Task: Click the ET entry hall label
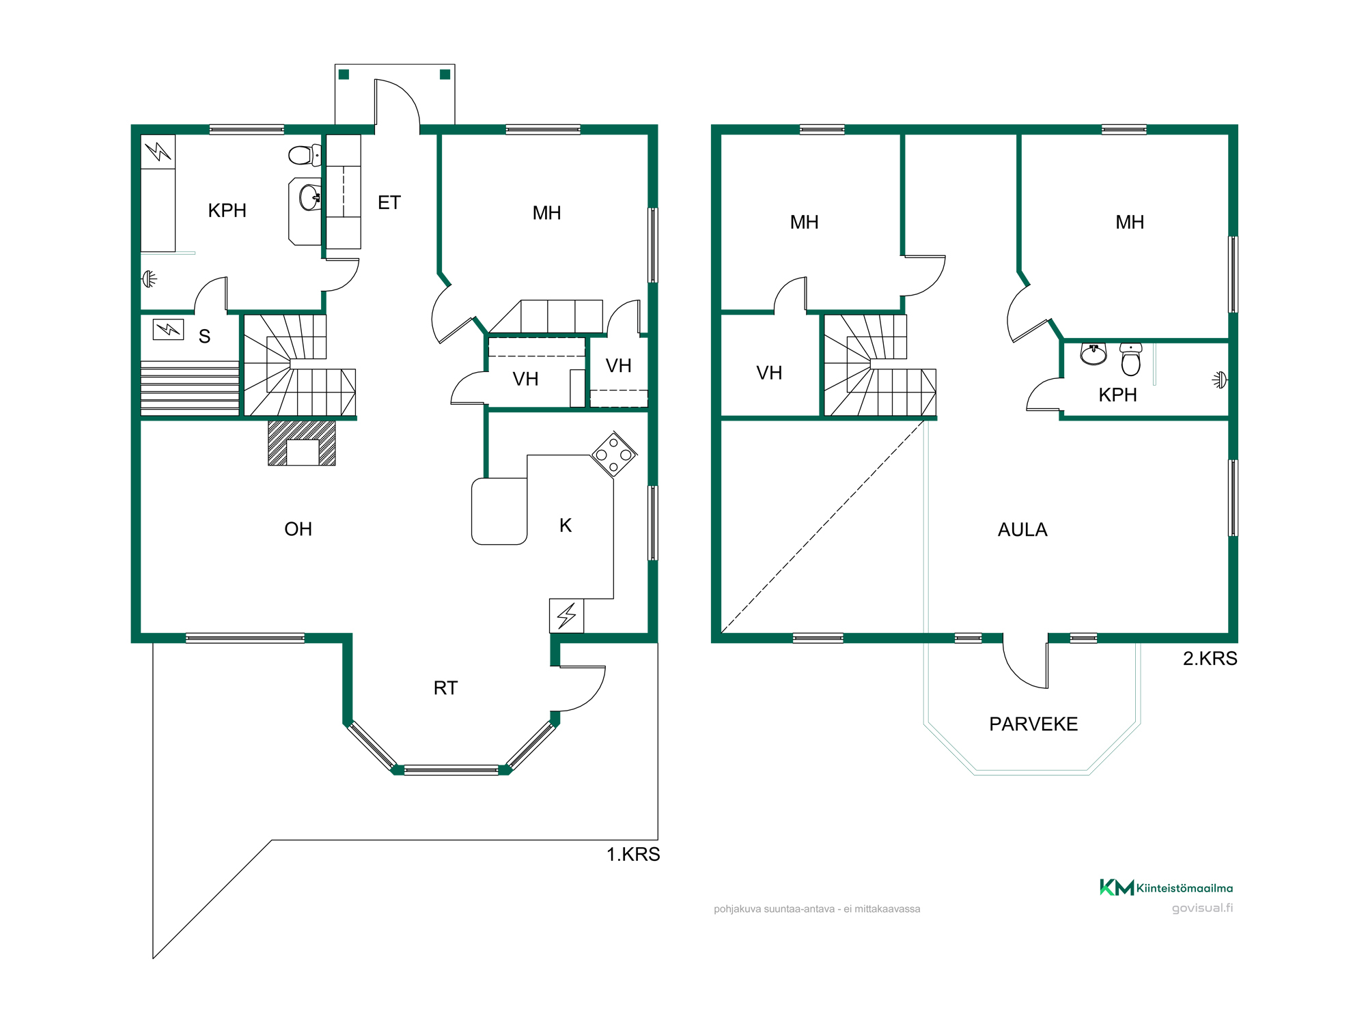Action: [x=389, y=203]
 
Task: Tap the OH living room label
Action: [x=298, y=529]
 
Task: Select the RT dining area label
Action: [x=445, y=688]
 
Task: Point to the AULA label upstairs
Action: [x=1022, y=530]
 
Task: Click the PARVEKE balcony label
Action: [x=1033, y=724]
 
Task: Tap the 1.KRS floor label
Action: [x=633, y=855]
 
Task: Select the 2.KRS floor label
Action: [x=1210, y=659]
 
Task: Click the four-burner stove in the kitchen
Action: [x=614, y=454]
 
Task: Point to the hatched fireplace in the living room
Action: [x=302, y=442]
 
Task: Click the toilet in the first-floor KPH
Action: [x=305, y=155]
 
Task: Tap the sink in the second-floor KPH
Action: [x=1093, y=354]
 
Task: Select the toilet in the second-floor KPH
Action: [x=1131, y=359]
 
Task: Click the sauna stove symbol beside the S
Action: [x=168, y=330]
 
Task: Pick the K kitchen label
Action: [x=566, y=526]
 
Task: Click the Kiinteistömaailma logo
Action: [x=1166, y=887]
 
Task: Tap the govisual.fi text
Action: [x=1202, y=908]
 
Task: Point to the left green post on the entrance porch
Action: [x=344, y=74]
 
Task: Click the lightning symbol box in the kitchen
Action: [x=566, y=616]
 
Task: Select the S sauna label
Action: [x=204, y=337]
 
